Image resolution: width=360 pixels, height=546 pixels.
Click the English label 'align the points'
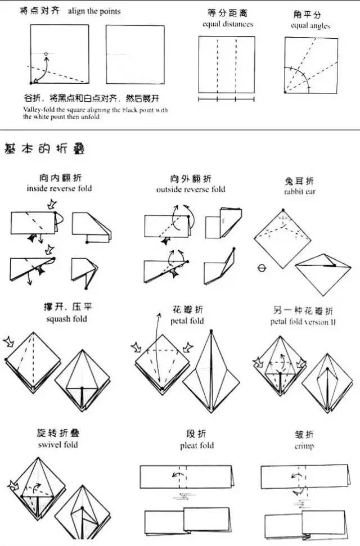pos(94,11)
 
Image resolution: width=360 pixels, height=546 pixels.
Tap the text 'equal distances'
pos(228,24)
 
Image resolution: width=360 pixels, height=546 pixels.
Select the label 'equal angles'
pos(310,26)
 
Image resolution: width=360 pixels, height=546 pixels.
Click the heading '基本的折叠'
pos(44,150)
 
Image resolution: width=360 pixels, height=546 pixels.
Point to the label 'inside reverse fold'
pos(59,188)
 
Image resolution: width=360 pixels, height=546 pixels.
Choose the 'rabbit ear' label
pos(300,192)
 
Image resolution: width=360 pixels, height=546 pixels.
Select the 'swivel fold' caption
pos(58,445)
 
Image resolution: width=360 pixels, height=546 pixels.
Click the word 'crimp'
pos(304,446)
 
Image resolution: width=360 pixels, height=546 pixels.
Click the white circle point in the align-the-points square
pos(46,54)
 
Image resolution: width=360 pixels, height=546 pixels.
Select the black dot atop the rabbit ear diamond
pos(283,210)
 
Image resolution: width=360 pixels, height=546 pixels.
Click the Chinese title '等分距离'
pos(227,13)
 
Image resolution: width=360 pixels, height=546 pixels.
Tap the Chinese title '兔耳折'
pos(300,181)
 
